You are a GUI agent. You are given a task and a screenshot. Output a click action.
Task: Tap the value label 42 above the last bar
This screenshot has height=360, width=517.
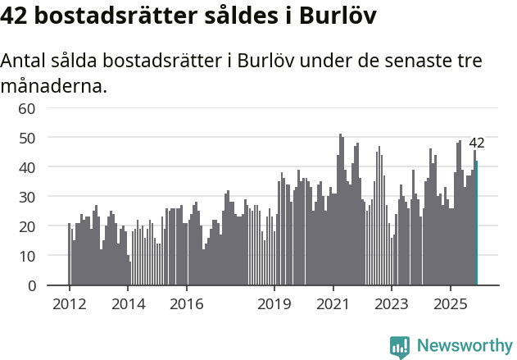pyautogui.click(x=477, y=143)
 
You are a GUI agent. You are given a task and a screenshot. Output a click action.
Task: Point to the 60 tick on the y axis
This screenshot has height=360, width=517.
pyautogui.click(x=27, y=108)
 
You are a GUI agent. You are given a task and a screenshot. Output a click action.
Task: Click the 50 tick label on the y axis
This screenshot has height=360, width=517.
pyautogui.click(x=27, y=138)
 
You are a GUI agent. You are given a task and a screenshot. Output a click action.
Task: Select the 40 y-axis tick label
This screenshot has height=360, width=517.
pyautogui.click(x=27, y=167)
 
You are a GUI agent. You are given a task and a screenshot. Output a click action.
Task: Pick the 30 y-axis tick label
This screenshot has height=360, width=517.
pyautogui.click(x=27, y=197)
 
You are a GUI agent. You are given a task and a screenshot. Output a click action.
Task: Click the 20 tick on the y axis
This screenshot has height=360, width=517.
pyautogui.click(x=27, y=226)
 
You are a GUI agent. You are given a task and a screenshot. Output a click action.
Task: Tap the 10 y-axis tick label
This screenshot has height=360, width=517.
pyautogui.click(x=27, y=256)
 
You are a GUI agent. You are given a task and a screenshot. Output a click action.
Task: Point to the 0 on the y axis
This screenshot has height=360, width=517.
pyautogui.click(x=32, y=285)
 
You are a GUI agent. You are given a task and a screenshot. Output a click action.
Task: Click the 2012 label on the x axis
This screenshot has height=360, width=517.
pyautogui.click(x=69, y=303)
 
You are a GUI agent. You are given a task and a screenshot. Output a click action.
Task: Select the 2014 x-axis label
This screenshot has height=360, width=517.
pyautogui.click(x=128, y=303)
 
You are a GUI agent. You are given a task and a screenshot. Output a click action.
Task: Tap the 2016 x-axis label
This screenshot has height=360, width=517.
pyautogui.click(x=187, y=303)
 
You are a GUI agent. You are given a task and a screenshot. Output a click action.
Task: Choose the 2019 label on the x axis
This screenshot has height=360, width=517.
pyautogui.click(x=274, y=303)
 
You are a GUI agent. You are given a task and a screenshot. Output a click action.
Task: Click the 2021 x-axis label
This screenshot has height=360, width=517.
pyautogui.click(x=333, y=303)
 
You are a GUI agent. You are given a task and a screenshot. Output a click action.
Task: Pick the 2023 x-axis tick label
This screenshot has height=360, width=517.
pyautogui.click(x=392, y=303)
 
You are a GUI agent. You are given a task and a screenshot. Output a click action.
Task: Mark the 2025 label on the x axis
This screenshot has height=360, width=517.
pyautogui.click(x=451, y=303)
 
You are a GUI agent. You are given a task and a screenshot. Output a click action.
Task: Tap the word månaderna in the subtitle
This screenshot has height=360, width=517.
pyautogui.click(x=54, y=85)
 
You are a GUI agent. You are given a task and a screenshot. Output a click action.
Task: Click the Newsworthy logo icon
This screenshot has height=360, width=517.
pyautogui.click(x=400, y=346)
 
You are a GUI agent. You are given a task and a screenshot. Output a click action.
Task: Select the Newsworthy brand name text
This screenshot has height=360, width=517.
pyautogui.click(x=465, y=346)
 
